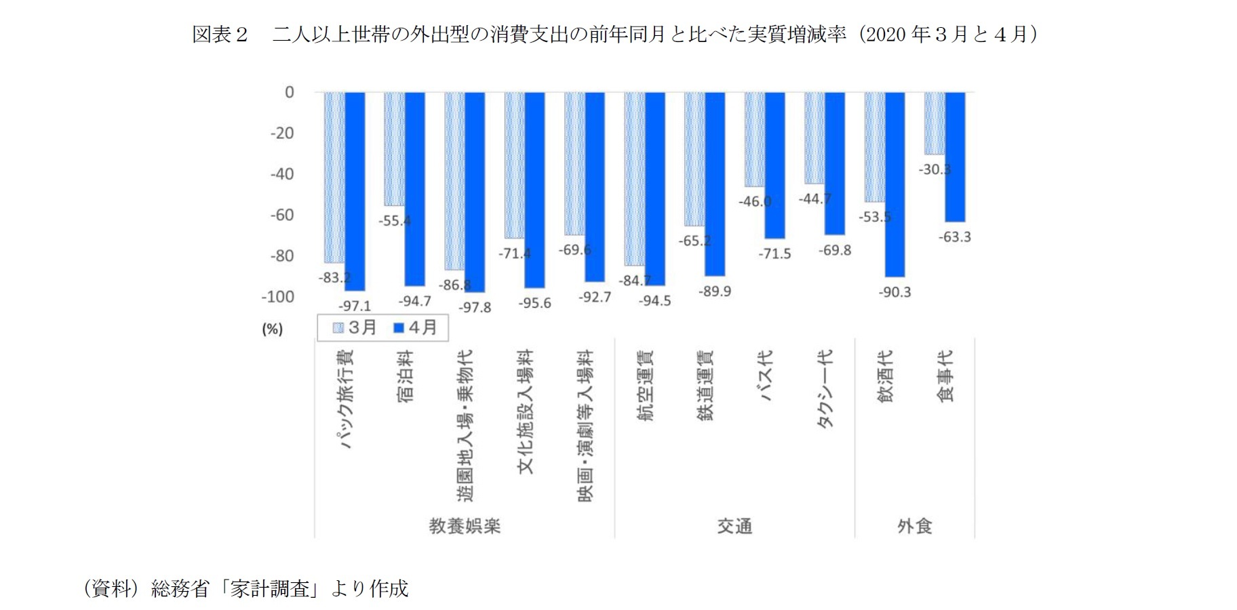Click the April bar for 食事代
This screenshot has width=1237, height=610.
point(955,157)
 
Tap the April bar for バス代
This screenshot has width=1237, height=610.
point(775,165)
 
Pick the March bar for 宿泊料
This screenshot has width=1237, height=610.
point(395,149)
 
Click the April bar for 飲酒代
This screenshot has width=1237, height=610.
point(895,184)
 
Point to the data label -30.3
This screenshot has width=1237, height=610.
point(935,169)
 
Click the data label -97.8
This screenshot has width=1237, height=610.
point(474,308)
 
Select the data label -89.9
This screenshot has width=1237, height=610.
point(715,291)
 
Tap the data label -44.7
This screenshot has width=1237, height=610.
point(814,199)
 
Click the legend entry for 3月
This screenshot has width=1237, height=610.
point(355,328)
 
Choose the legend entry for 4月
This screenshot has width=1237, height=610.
point(415,328)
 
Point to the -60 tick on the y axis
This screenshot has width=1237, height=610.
point(282,216)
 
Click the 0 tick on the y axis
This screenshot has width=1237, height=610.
point(289,92)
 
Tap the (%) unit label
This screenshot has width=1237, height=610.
point(272,329)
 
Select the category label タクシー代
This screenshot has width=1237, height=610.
point(825,388)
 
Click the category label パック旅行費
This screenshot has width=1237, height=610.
point(345,399)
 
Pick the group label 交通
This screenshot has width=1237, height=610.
point(734,526)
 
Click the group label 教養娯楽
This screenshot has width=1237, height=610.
point(465,526)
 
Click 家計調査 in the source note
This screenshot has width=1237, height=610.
point(271,588)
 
